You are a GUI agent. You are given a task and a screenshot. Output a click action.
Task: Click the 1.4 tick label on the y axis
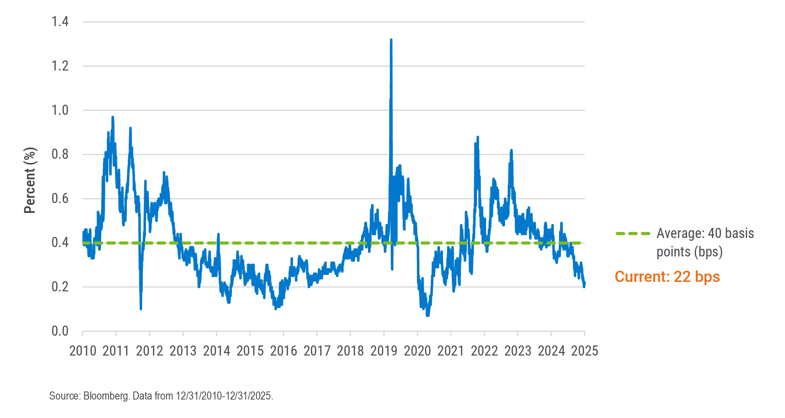click(60, 22)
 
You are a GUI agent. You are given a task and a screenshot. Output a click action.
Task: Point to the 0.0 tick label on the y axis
click(60, 331)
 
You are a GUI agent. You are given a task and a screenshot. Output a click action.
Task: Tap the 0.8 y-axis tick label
click(60, 154)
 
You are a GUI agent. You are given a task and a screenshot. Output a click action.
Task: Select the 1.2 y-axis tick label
click(60, 66)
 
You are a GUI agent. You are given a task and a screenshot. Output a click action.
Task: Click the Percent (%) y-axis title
click(30, 180)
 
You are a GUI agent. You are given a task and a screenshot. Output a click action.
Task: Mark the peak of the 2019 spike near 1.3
click(391, 40)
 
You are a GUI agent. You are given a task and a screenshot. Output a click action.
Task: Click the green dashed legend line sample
click(633, 233)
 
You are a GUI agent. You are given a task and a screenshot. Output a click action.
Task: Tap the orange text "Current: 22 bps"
click(667, 277)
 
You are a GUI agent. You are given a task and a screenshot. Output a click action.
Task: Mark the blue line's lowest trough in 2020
click(428, 315)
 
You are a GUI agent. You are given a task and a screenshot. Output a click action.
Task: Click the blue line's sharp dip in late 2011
click(141, 308)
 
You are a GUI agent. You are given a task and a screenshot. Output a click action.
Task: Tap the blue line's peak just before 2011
click(112, 117)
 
